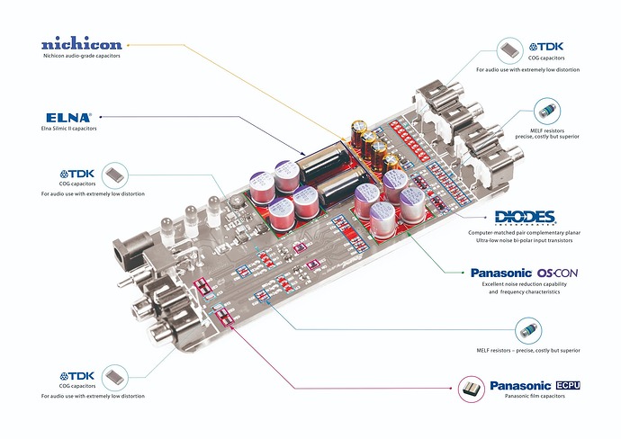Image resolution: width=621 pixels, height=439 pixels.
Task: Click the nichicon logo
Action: pyautogui.click(x=82, y=43)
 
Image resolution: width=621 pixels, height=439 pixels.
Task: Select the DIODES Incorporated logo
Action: pyautogui.click(x=526, y=218)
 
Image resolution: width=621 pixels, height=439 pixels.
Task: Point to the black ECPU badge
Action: pyautogui.click(x=562, y=385)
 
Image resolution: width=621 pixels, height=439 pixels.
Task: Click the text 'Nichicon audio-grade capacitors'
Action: pyautogui.click(x=82, y=57)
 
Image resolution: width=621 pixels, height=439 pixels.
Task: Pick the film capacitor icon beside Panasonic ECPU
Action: pyautogui.click(x=469, y=388)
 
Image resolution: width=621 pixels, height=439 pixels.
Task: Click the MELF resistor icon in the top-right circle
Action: pyautogui.click(x=544, y=112)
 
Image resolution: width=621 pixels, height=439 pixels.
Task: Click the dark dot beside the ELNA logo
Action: pyautogui.click(x=102, y=116)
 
